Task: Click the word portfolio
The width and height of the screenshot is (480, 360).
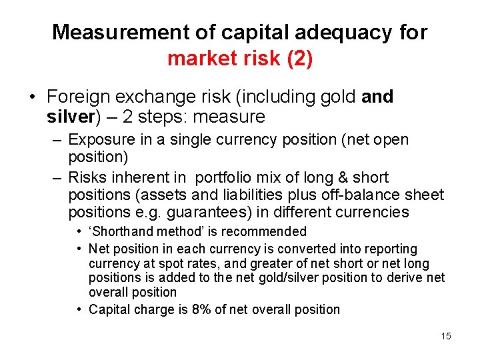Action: coord(226,177)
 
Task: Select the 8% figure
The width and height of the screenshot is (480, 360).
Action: coord(188,309)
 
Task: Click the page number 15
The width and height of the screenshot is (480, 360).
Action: coord(445,336)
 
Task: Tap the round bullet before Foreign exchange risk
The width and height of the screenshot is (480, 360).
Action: coord(31,97)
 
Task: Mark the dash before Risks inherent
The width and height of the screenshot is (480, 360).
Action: coord(57,177)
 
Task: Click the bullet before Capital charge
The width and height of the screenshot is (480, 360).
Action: coord(79,309)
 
